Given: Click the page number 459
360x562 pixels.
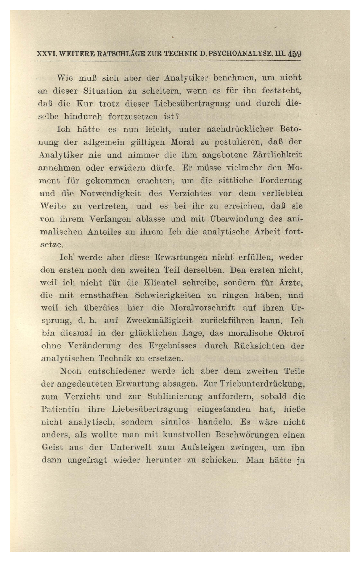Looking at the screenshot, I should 295,55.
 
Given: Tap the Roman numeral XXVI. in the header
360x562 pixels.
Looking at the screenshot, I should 46,55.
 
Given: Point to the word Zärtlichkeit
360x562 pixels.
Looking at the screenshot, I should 277,155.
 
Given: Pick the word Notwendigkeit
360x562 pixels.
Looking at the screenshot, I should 110,193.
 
